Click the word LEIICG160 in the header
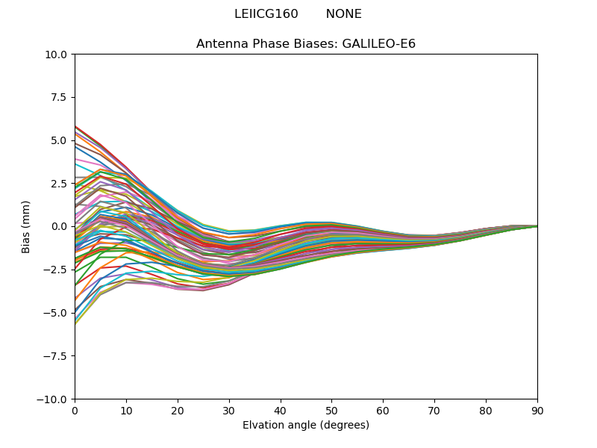(266, 14)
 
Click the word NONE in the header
(343, 14)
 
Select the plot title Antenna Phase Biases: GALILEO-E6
(306, 44)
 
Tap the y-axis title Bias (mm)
(26, 226)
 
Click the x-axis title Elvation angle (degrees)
(306, 425)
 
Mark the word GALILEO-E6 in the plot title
(378, 44)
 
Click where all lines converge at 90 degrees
(537, 225)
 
